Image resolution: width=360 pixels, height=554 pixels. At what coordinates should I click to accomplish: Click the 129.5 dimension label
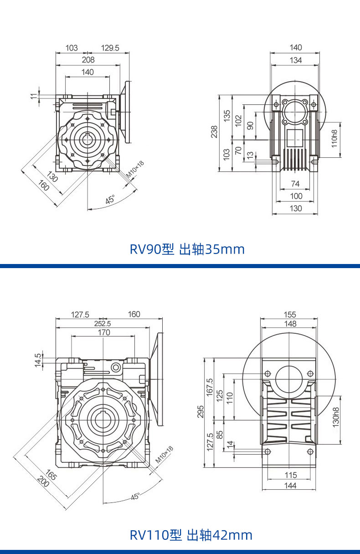coord(110,48)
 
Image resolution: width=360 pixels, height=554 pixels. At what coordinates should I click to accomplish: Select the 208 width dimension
coord(88,60)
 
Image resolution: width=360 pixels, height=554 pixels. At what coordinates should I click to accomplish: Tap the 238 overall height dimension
coord(214,132)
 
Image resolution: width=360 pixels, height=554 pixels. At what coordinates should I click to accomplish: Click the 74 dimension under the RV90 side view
coord(295,184)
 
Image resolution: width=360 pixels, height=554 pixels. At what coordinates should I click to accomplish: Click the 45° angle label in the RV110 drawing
coord(135,497)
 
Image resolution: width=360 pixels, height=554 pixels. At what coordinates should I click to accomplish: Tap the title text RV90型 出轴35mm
coord(187,249)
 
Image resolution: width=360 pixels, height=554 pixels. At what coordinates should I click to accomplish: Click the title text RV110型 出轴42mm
coord(191,535)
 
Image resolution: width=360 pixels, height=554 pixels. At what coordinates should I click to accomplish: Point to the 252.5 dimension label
coord(102,323)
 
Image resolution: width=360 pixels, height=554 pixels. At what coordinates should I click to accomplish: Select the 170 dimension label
coord(104,332)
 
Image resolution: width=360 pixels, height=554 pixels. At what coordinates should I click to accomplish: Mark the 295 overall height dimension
coord(201,412)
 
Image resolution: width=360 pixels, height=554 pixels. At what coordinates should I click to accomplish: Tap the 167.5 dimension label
coord(210,387)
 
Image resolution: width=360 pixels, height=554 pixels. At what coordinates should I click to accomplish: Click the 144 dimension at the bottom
coord(290,486)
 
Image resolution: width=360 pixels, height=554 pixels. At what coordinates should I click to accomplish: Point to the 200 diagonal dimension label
coord(43,482)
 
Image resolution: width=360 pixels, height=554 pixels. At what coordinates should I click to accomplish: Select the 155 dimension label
coord(290,315)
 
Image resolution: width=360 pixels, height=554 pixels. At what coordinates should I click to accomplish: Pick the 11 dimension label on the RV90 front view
coord(33,95)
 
